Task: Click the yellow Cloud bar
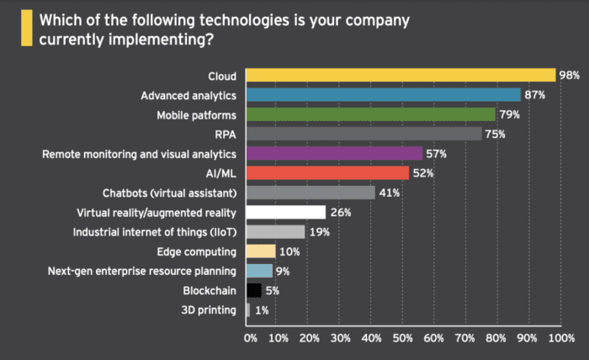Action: pos(401,76)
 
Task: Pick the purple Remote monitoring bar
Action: pos(334,153)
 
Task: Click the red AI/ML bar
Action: pos(327,173)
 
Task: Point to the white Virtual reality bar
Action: pos(285,212)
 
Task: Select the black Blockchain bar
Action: pos(253,290)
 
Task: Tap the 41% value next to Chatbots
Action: pos(389,193)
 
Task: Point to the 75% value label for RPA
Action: pos(497,134)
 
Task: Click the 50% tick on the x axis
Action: pos(402,337)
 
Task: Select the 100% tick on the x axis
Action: pos(560,337)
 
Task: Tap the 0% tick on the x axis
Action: pos(250,337)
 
